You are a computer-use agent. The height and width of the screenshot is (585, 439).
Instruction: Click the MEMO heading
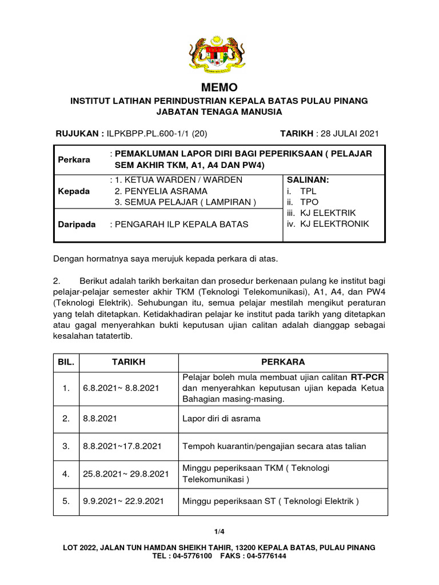[219, 87]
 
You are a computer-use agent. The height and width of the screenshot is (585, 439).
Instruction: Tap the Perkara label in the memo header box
[74, 159]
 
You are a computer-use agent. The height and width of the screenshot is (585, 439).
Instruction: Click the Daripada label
[77, 224]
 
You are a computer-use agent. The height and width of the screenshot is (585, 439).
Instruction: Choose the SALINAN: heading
[308, 180]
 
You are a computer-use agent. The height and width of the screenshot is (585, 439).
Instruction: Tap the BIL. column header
[66, 362]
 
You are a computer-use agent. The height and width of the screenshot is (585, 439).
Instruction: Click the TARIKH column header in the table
[129, 362]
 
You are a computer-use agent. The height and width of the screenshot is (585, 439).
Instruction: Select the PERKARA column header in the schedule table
[283, 362]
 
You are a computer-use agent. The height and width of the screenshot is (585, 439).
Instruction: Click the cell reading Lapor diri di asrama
[221, 418]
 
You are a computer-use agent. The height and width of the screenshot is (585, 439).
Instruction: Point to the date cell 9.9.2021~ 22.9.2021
[123, 501]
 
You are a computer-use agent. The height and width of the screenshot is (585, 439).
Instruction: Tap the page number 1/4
[219, 531]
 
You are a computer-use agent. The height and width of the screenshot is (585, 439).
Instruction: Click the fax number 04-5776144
[266, 555]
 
